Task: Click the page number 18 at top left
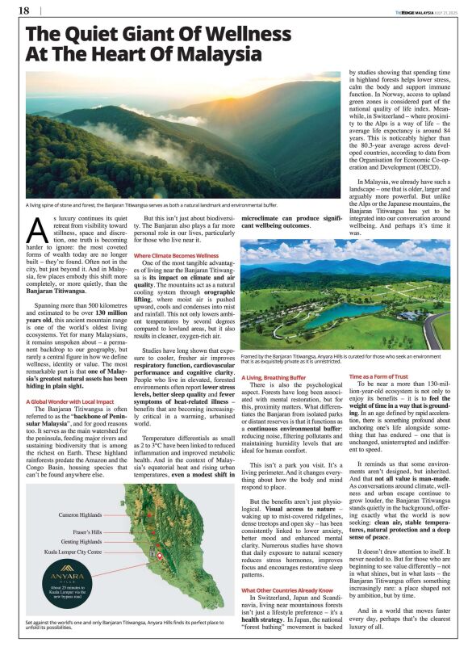pyautogui.click(x=23, y=10)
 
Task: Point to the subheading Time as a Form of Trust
pyautogui.click(x=378, y=376)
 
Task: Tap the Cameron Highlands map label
pyautogui.click(x=81, y=491)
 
